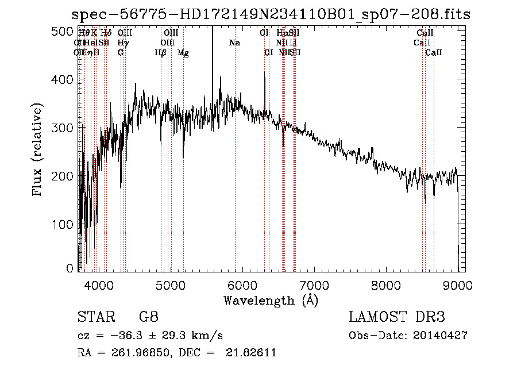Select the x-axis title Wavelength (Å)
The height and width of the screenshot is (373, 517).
pos(271,300)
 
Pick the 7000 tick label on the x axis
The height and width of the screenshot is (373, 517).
pos(314,284)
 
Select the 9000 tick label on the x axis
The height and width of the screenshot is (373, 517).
pos(458,284)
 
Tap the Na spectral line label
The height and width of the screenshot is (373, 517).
pos(234,43)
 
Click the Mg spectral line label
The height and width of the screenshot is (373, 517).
pos(183,53)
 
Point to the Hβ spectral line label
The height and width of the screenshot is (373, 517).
pos(161,53)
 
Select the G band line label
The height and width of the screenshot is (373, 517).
pos(121,53)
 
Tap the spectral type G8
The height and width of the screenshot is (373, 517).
pos(149,317)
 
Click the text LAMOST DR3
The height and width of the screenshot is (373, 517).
pos(397,317)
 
